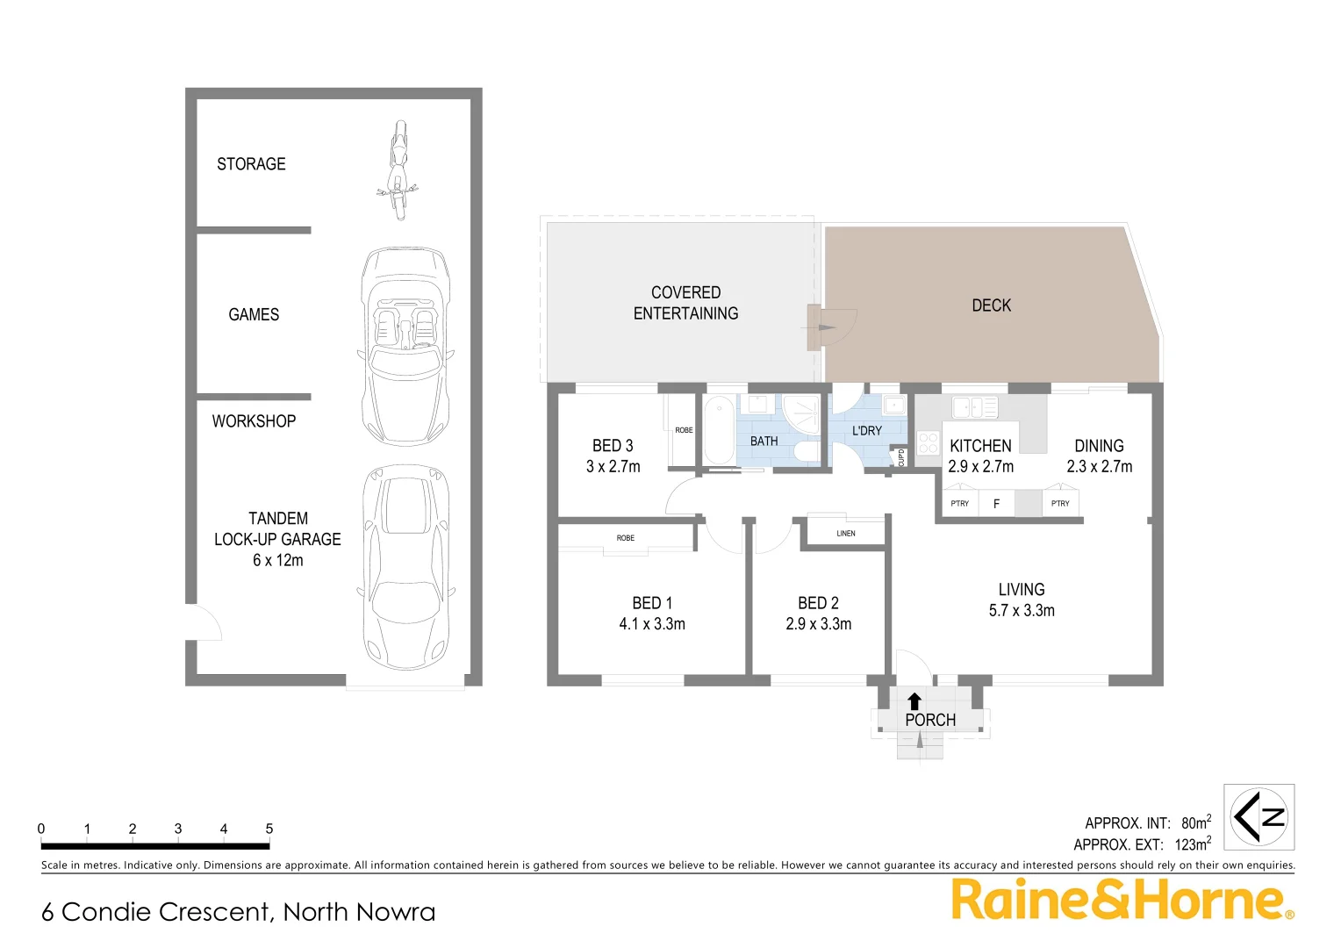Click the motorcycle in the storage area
(x=398, y=171)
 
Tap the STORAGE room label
(x=251, y=164)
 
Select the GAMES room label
(x=254, y=314)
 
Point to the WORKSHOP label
(x=254, y=421)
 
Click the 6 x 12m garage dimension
(x=277, y=560)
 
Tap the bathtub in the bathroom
(x=719, y=430)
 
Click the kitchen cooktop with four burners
(x=928, y=442)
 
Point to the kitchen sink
(x=974, y=407)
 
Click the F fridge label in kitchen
(x=996, y=504)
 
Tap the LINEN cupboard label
(x=846, y=534)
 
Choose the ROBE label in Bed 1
(x=625, y=538)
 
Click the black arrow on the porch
(x=914, y=700)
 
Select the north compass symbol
(x=1259, y=817)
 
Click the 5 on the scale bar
(x=269, y=829)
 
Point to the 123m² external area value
(x=1192, y=844)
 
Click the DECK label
(x=991, y=305)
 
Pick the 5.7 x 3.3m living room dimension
(x=1022, y=611)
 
